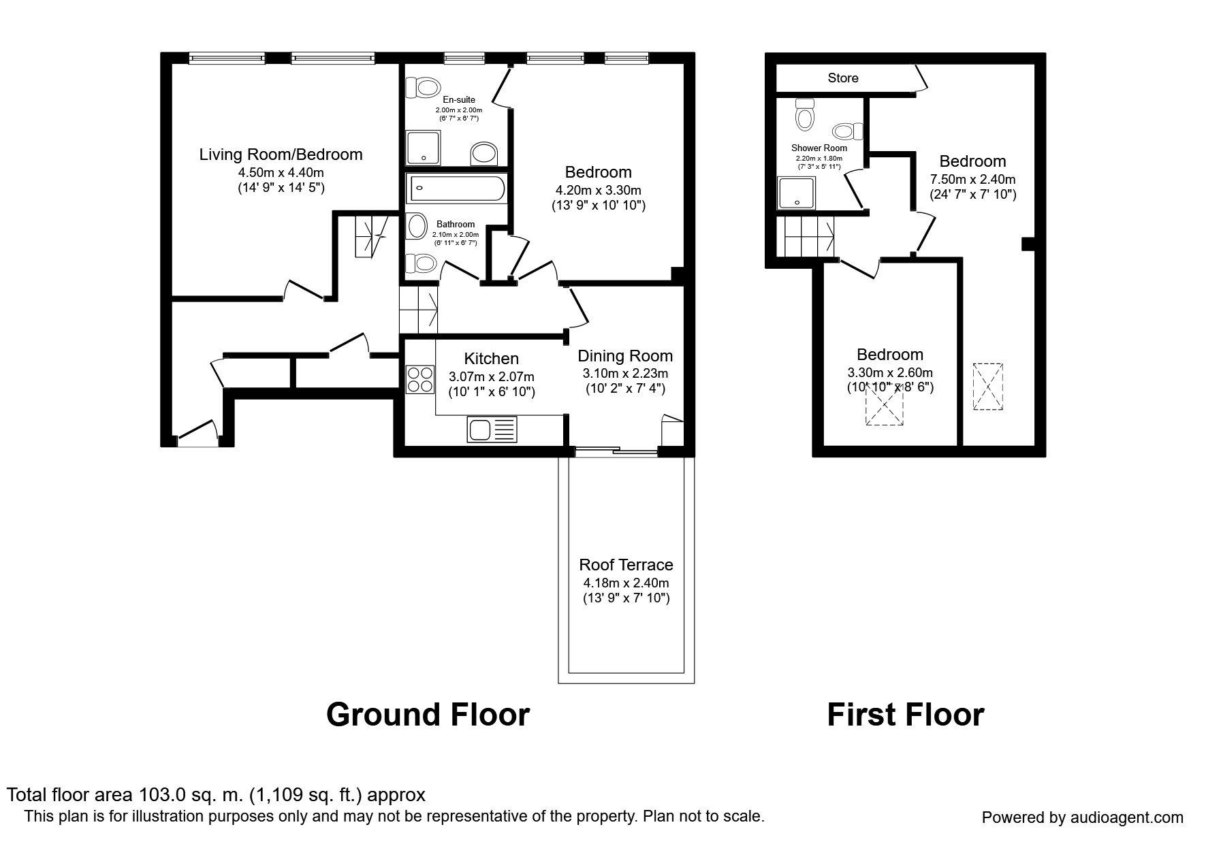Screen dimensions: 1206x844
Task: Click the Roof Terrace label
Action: tap(626, 565)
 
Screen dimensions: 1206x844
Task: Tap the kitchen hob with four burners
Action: tap(420, 379)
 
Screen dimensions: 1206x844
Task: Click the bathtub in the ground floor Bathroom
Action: tap(456, 189)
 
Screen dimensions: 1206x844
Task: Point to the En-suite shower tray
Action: tap(424, 148)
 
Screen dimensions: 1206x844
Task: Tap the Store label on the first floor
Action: tap(843, 78)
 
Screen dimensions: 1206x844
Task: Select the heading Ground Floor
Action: tap(428, 715)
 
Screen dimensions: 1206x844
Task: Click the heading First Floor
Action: tap(905, 715)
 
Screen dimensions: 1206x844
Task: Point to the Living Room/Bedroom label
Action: tap(281, 155)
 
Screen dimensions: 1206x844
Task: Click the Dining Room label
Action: tap(625, 356)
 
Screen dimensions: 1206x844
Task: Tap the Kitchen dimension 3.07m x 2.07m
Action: tap(492, 376)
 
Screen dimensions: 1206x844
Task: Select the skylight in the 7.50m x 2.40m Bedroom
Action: tap(988, 387)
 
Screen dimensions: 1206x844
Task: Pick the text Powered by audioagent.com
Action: tap(1083, 817)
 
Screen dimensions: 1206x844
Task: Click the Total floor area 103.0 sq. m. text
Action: tap(216, 795)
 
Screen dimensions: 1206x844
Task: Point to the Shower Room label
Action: tap(819, 148)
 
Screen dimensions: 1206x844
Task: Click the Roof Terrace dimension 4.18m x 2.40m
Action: tap(626, 583)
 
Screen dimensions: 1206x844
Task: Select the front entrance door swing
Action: tap(197, 432)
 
